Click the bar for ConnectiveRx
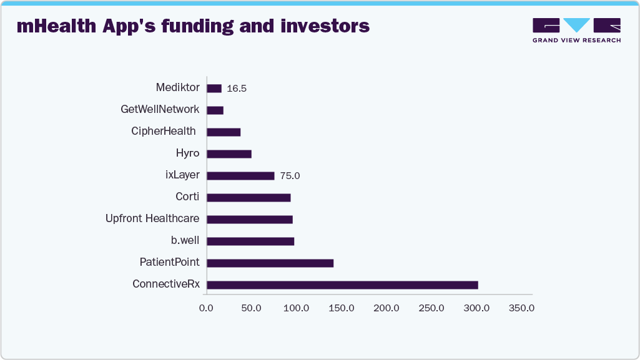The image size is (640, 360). [x=342, y=285]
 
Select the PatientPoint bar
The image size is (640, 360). [x=270, y=263]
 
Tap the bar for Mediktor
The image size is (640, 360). [x=214, y=89]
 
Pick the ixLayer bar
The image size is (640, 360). [x=240, y=176]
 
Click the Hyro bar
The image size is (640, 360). [x=229, y=154]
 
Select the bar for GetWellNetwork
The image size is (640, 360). [x=215, y=110]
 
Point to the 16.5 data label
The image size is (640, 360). [x=237, y=89]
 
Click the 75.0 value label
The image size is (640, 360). [x=290, y=176]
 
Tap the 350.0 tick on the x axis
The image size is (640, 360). [x=521, y=308]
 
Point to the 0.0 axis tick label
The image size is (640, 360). [x=206, y=308]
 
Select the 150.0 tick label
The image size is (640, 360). [x=342, y=308]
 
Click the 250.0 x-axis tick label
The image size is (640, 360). [x=431, y=308]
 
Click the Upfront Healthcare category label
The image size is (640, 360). [x=152, y=219]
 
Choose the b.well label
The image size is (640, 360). [x=185, y=241]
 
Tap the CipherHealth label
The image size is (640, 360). [x=164, y=132]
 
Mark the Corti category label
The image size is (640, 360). [x=187, y=197]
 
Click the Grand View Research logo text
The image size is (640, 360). [x=576, y=41]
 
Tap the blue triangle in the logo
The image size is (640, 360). [x=576, y=25]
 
